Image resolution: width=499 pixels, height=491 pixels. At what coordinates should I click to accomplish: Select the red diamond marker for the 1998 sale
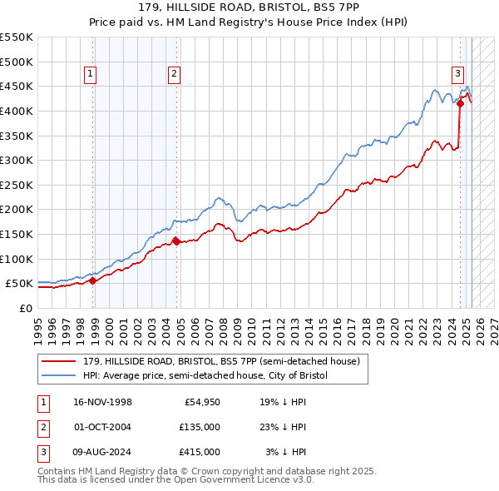[93, 280]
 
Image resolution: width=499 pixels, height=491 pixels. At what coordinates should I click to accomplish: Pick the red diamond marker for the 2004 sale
[176, 241]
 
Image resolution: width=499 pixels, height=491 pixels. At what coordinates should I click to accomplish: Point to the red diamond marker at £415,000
[460, 104]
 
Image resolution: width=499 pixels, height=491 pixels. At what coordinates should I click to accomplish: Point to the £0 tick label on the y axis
[26, 308]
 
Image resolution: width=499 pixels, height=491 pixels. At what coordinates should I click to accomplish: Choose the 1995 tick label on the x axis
[38, 327]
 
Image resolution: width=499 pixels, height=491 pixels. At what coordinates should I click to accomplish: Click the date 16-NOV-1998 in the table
[103, 403]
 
